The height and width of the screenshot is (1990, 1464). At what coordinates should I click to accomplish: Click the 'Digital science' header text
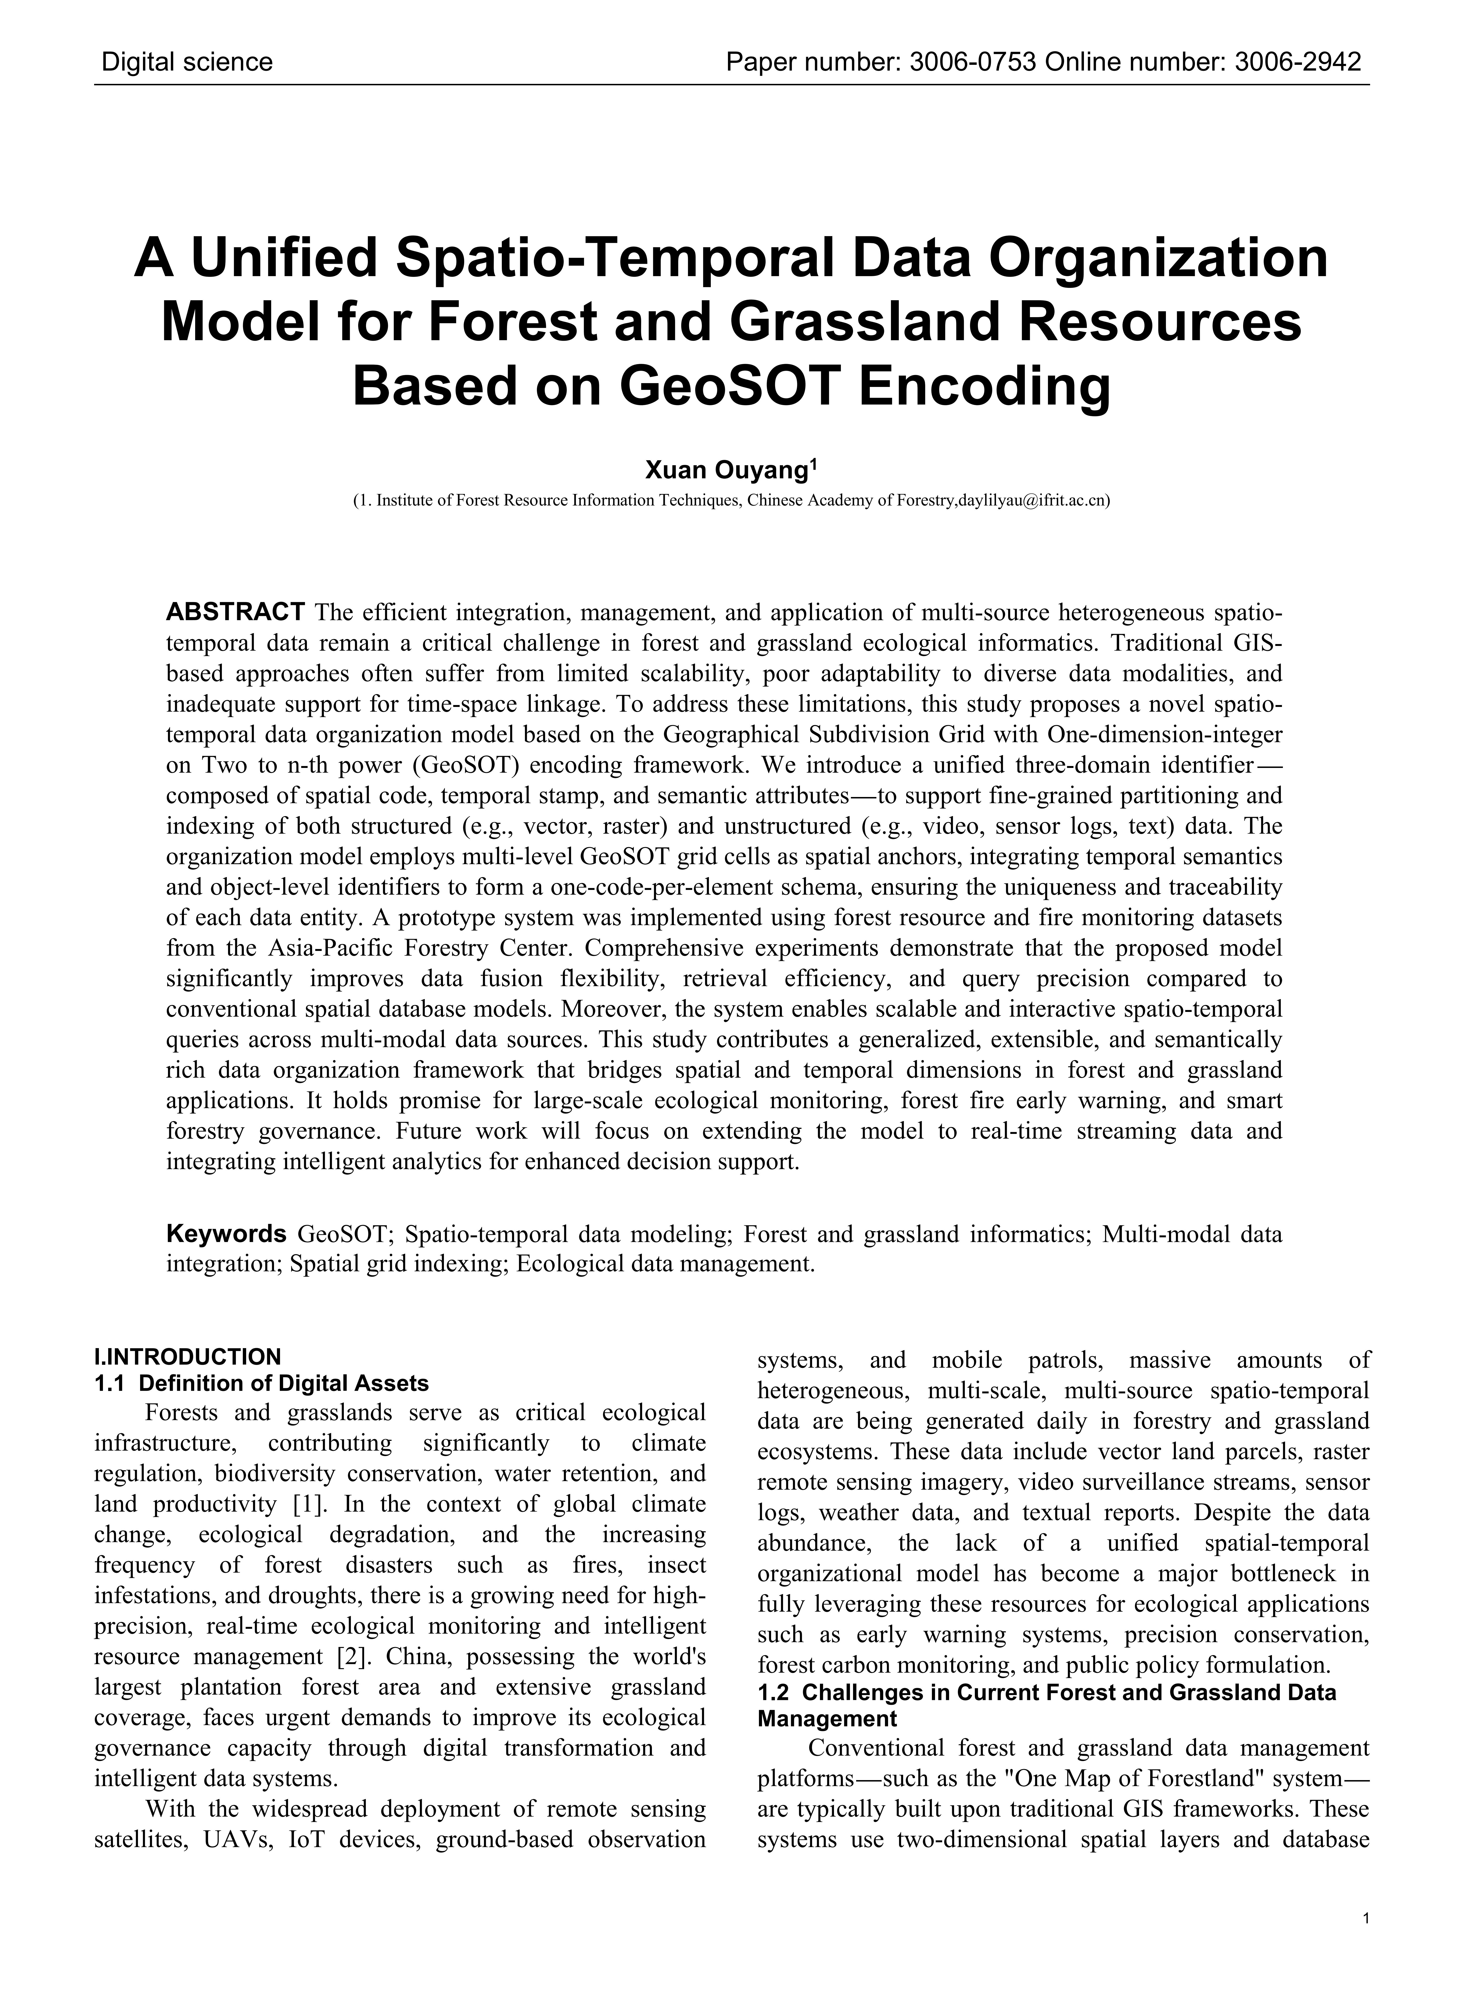187,62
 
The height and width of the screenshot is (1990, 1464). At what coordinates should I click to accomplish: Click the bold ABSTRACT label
236,612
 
